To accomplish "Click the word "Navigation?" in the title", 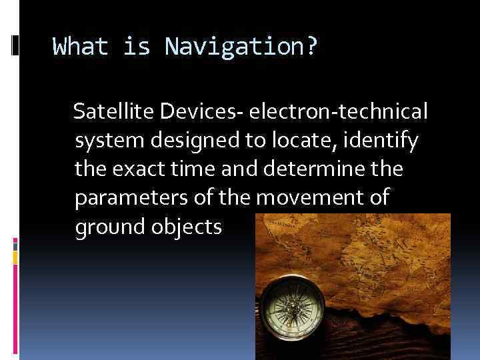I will click(241, 47).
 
